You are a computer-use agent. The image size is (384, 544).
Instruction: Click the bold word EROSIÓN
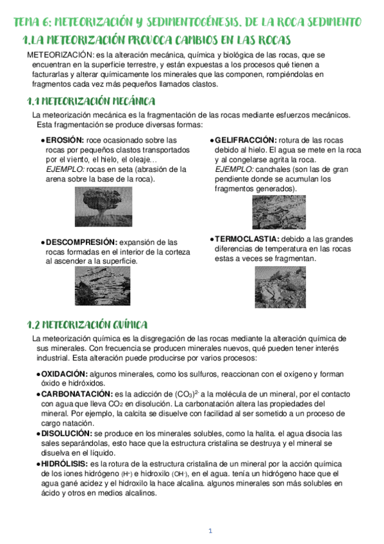pyautogui.click(x=65, y=139)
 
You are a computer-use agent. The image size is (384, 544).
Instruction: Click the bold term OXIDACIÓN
pyautogui.click(x=64, y=373)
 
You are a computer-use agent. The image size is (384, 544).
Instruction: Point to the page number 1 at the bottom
pyautogui.click(x=210, y=530)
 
